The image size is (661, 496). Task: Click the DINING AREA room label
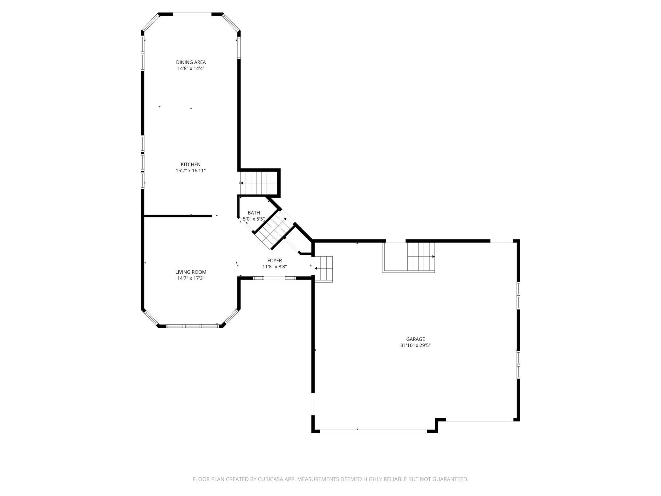191,62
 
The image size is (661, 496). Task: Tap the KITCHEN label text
191,164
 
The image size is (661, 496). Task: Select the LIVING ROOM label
191,272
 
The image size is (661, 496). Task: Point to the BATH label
254,213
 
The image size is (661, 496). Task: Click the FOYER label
275,261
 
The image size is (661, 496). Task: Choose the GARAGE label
415,339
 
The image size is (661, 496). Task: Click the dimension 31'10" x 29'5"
415,345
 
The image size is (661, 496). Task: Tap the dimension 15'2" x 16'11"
191,171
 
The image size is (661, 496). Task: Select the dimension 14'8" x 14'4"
191,68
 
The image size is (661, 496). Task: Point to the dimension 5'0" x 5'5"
254,219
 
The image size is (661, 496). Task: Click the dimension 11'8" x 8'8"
275,267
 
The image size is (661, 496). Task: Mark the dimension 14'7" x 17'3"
191,278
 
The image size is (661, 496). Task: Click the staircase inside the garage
420,256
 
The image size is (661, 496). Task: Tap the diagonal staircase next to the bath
274,230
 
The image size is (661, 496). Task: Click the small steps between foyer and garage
324,269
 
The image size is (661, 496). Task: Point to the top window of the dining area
192,14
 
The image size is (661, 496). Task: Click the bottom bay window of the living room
192,326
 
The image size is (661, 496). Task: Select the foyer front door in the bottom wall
275,278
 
